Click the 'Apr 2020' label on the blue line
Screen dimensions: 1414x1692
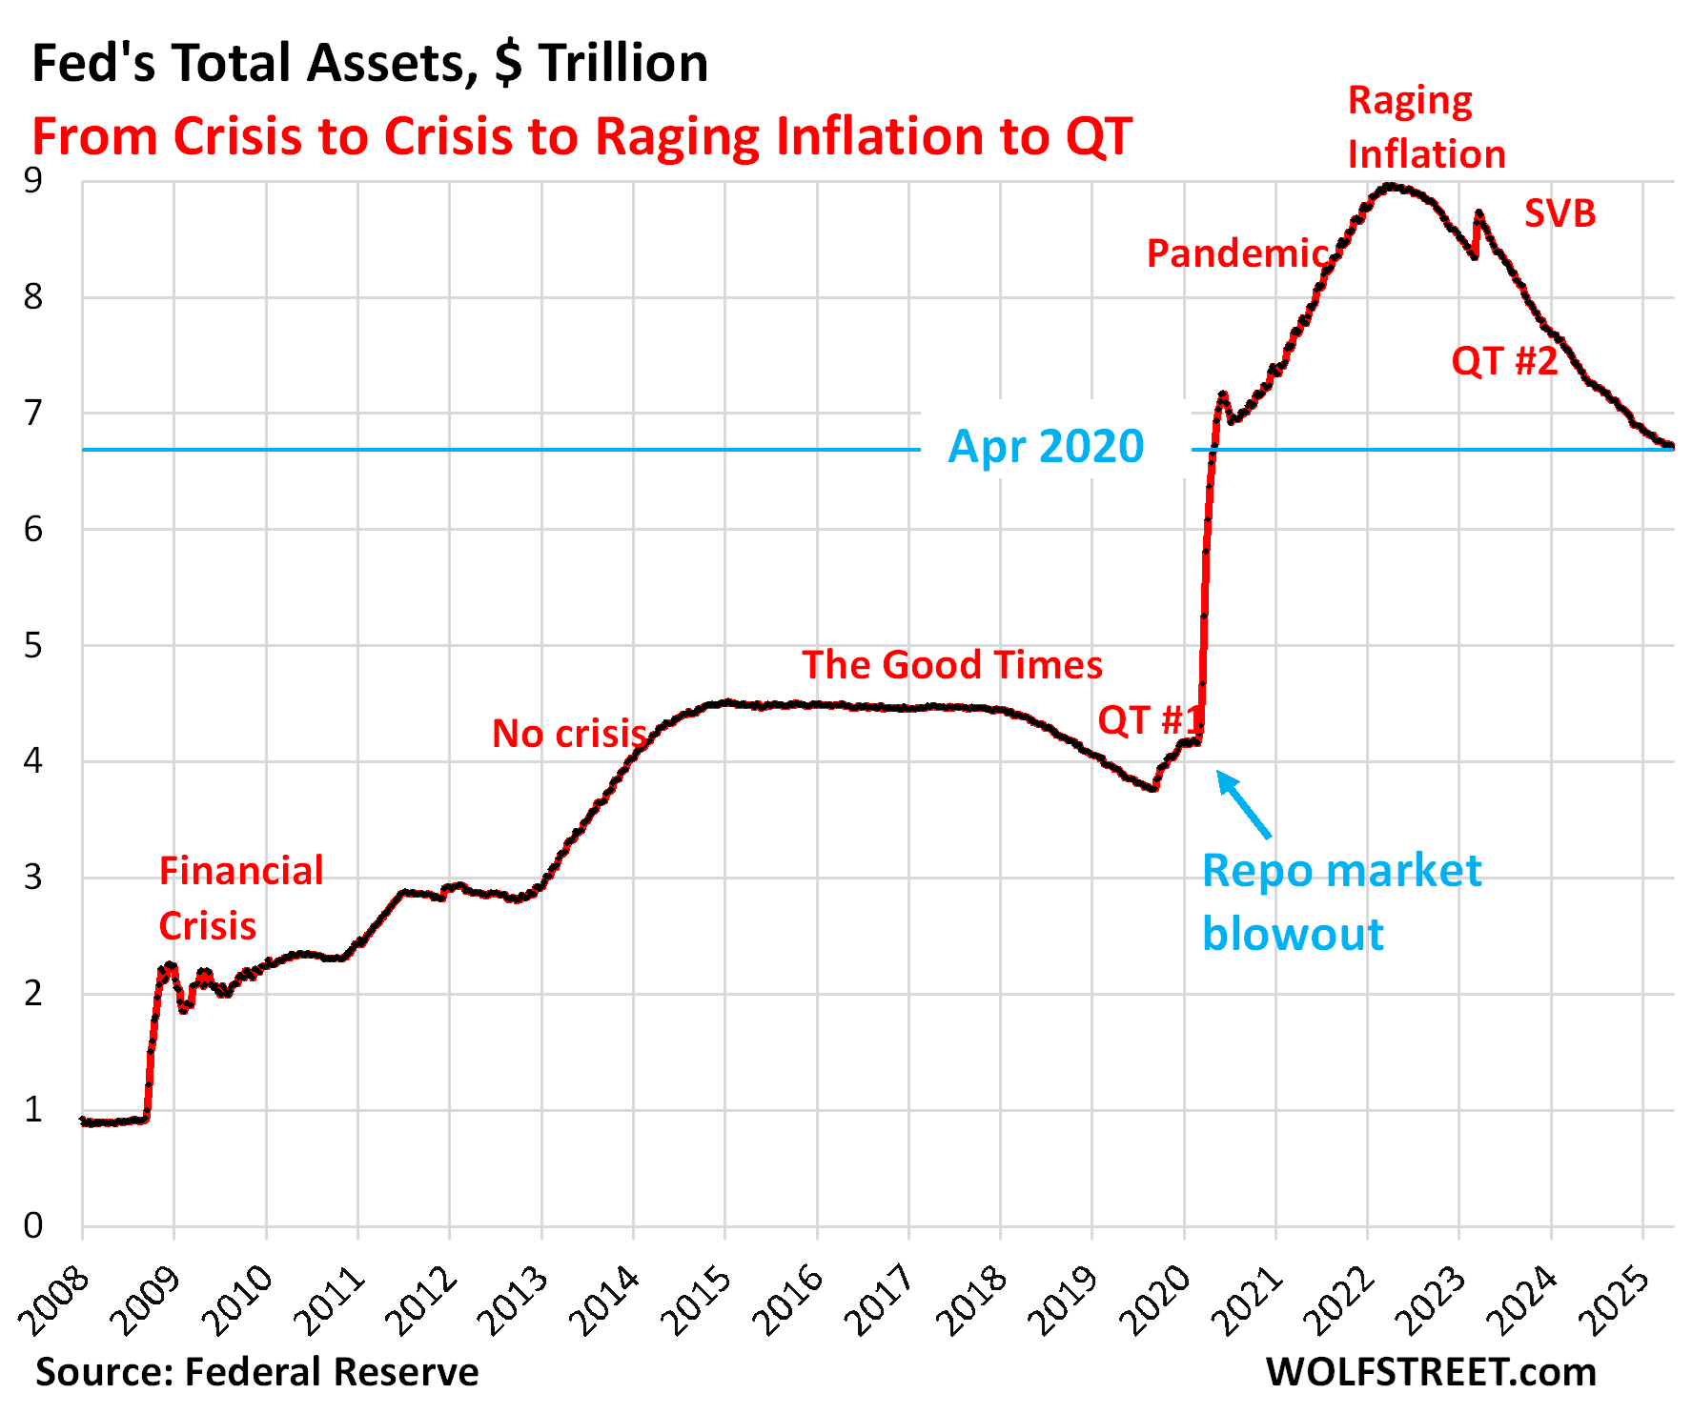point(1046,447)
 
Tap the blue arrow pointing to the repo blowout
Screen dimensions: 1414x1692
point(1244,805)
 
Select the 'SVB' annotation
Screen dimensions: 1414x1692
point(1559,213)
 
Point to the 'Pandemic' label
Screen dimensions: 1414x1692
point(1237,253)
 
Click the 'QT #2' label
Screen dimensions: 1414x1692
point(1504,361)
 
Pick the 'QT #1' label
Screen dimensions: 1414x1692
point(1150,720)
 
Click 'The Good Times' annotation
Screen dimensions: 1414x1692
point(951,665)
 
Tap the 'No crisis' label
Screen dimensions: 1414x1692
point(569,734)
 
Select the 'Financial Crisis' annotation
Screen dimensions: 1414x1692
point(240,899)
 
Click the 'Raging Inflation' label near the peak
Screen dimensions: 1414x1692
point(1426,128)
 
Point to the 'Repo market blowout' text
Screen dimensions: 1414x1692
point(1341,901)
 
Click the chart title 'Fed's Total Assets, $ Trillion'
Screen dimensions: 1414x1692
point(370,64)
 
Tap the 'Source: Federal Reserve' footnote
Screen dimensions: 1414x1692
point(257,1372)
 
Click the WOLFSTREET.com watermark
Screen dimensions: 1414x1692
point(1431,1372)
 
